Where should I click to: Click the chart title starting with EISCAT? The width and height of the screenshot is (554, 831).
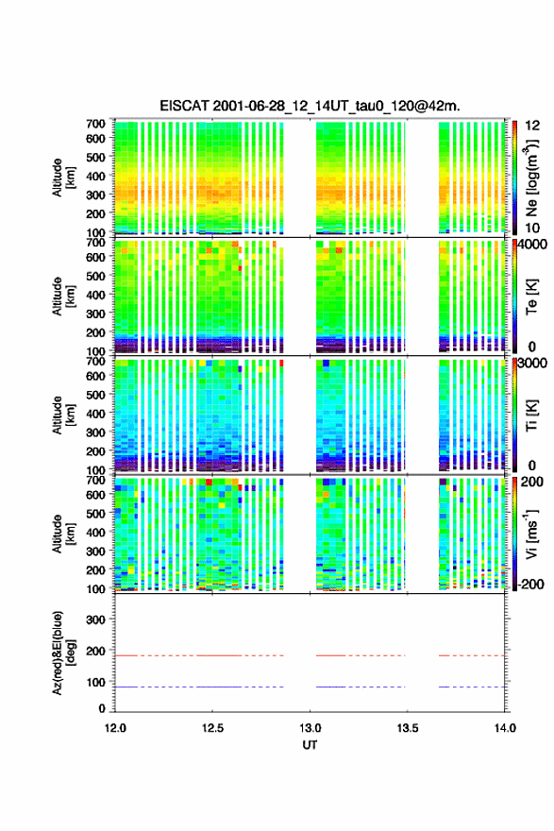pyautogui.click(x=310, y=106)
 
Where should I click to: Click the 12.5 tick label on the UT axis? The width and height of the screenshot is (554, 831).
pyautogui.click(x=212, y=728)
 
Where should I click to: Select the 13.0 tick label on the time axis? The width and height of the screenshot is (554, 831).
pyautogui.click(x=310, y=728)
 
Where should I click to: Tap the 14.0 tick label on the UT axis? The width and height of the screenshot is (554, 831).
pyautogui.click(x=505, y=728)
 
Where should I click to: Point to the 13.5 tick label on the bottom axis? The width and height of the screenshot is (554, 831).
pyautogui.click(x=408, y=728)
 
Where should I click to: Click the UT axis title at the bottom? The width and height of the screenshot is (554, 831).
pyautogui.click(x=310, y=745)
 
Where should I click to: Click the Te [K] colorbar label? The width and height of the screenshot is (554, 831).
pyautogui.click(x=531, y=297)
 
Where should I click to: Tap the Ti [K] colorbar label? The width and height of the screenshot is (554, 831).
pyautogui.click(x=531, y=415)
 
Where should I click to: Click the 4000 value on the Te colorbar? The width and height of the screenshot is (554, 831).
pyautogui.click(x=532, y=246)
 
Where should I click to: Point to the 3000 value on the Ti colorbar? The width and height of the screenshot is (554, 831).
pyautogui.click(x=532, y=364)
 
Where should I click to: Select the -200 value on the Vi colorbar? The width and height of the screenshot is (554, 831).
pyautogui.click(x=531, y=584)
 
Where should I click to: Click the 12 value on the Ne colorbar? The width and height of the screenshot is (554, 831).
pyautogui.click(x=532, y=126)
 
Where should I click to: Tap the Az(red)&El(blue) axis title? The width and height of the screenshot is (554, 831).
pyautogui.click(x=63, y=653)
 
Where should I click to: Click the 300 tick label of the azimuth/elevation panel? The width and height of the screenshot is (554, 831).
pyautogui.click(x=95, y=619)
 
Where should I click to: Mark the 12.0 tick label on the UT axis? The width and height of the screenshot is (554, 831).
pyautogui.click(x=115, y=728)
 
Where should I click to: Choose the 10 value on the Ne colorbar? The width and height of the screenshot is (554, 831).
pyautogui.click(x=532, y=228)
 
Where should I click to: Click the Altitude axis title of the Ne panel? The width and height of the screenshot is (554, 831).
pyautogui.click(x=63, y=178)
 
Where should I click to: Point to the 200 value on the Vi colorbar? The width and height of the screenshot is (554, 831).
pyautogui.click(x=531, y=482)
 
